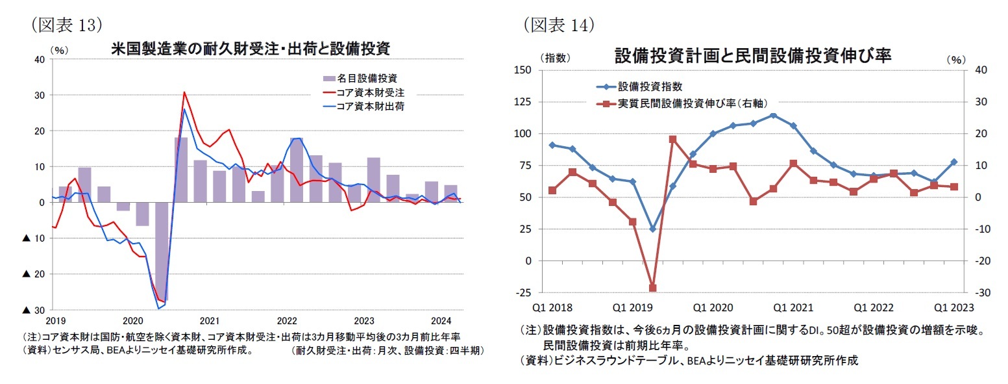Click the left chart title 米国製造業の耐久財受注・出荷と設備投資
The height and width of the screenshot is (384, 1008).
click(x=250, y=49)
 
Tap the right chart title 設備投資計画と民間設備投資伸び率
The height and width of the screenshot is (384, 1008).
click(x=753, y=57)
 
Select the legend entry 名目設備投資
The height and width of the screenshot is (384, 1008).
click(x=367, y=79)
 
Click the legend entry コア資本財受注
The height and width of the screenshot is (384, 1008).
click(x=371, y=92)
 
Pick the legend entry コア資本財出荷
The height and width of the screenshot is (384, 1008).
click(x=371, y=106)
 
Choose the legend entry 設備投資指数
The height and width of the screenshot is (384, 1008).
click(x=650, y=86)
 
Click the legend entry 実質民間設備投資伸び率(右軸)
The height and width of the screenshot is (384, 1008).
click(x=688, y=103)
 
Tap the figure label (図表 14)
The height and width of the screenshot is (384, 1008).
click(x=559, y=25)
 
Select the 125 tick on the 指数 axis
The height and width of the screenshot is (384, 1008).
click(x=522, y=102)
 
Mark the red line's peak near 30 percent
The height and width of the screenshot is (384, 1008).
click(x=184, y=92)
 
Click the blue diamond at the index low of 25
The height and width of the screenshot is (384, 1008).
click(x=653, y=229)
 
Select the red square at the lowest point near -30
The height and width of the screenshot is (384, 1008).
click(x=653, y=288)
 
